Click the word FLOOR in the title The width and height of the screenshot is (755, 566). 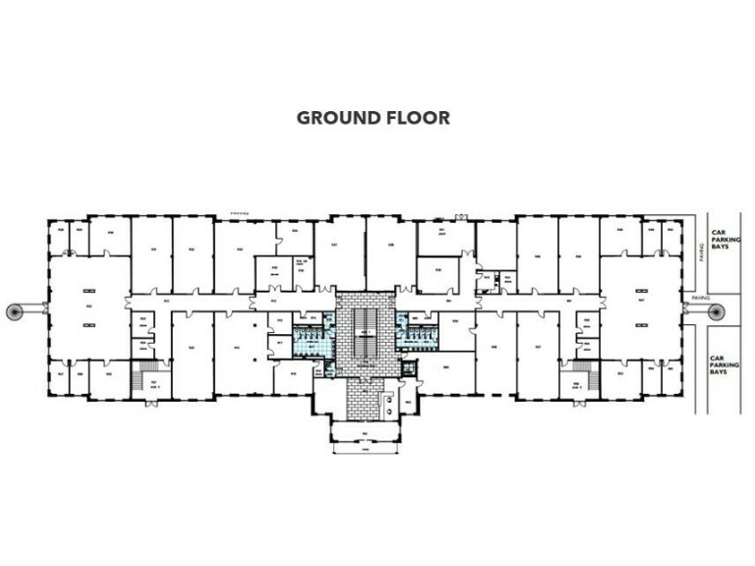pyautogui.click(x=417, y=118)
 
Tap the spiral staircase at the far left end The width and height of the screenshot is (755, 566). pyautogui.click(x=17, y=311)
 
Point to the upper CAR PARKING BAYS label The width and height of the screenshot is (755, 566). pyautogui.click(x=725, y=239)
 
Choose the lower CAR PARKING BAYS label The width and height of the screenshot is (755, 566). pyautogui.click(x=725, y=367)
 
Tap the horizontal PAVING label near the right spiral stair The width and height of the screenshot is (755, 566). pyautogui.click(x=699, y=296)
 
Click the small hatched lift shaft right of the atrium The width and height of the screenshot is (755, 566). pyautogui.click(x=407, y=368)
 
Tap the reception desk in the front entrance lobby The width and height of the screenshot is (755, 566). pyautogui.click(x=389, y=403)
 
